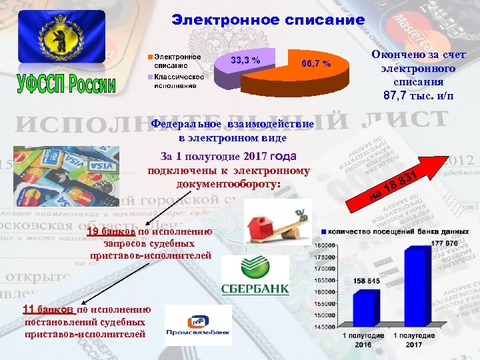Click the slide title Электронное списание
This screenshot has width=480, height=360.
click(268, 20)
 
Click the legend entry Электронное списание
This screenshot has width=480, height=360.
click(177, 61)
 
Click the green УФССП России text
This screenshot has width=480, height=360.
click(66, 85)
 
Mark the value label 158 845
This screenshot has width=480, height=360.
click(366, 281)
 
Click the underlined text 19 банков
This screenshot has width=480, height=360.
click(111, 232)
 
